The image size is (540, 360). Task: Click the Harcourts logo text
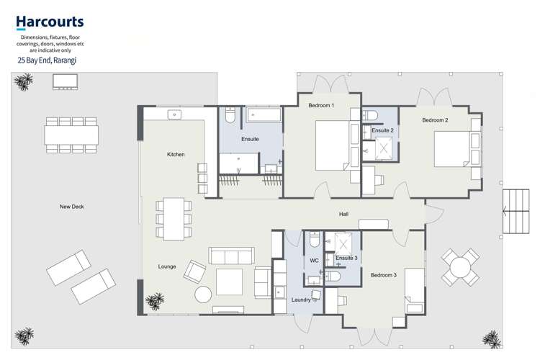tap(50, 22)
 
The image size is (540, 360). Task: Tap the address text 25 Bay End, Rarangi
tap(47, 61)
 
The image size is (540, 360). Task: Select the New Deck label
tap(72, 207)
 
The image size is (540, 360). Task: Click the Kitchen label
tap(176, 155)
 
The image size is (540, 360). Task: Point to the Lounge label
tap(167, 266)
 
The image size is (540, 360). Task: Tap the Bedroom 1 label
tap(321, 106)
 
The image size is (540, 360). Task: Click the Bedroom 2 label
tap(435, 120)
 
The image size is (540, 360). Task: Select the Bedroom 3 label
tap(383, 275)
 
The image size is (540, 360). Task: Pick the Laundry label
tap(301, 300)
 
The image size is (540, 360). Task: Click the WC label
tap(314, 260)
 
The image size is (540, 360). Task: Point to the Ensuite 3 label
tap(346, 258)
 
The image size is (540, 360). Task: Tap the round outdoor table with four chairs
tap(460, 267)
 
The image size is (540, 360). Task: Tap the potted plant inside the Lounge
tap(154, 301)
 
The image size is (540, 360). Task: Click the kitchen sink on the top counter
tap(174, 114)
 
